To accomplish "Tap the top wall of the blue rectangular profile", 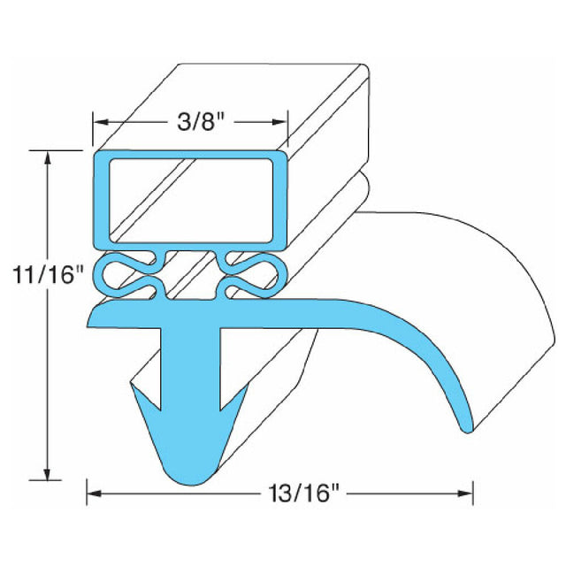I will click(x=190, y=156).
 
